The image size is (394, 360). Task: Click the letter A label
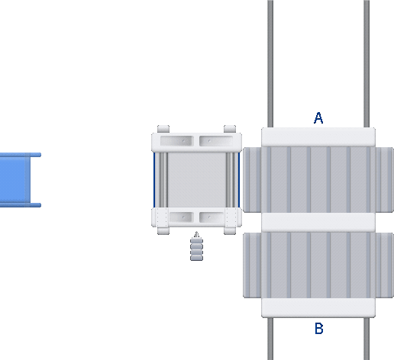click(318, 118)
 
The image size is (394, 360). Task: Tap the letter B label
click(319, 329)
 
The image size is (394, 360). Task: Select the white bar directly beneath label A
click(318, 137)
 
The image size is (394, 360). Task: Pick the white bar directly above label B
click(318, 308)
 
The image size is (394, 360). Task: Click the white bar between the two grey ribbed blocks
click(318, 223)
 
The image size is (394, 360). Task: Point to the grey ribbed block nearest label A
click(318, 180)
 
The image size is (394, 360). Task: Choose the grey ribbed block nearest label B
click(318, 265)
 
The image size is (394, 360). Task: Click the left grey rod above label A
click(270, 63)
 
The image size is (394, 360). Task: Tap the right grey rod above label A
click(367, 63)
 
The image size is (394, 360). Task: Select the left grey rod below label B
click(270, 339)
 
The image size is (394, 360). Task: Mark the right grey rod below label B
click(367, 339)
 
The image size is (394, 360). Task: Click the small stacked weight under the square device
click(196, 246)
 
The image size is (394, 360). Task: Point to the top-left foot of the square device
click(163, 129)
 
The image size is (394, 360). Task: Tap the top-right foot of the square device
click(230, 129)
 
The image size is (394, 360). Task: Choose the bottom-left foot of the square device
click(163, 231)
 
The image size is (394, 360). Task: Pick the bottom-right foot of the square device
click(230, 231)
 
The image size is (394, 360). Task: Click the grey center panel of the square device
click(197, 180)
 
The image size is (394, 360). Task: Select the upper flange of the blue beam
click(21, 155)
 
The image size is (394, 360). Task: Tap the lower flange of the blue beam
click(21, 205)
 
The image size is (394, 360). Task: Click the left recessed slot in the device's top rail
click(177, 141)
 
